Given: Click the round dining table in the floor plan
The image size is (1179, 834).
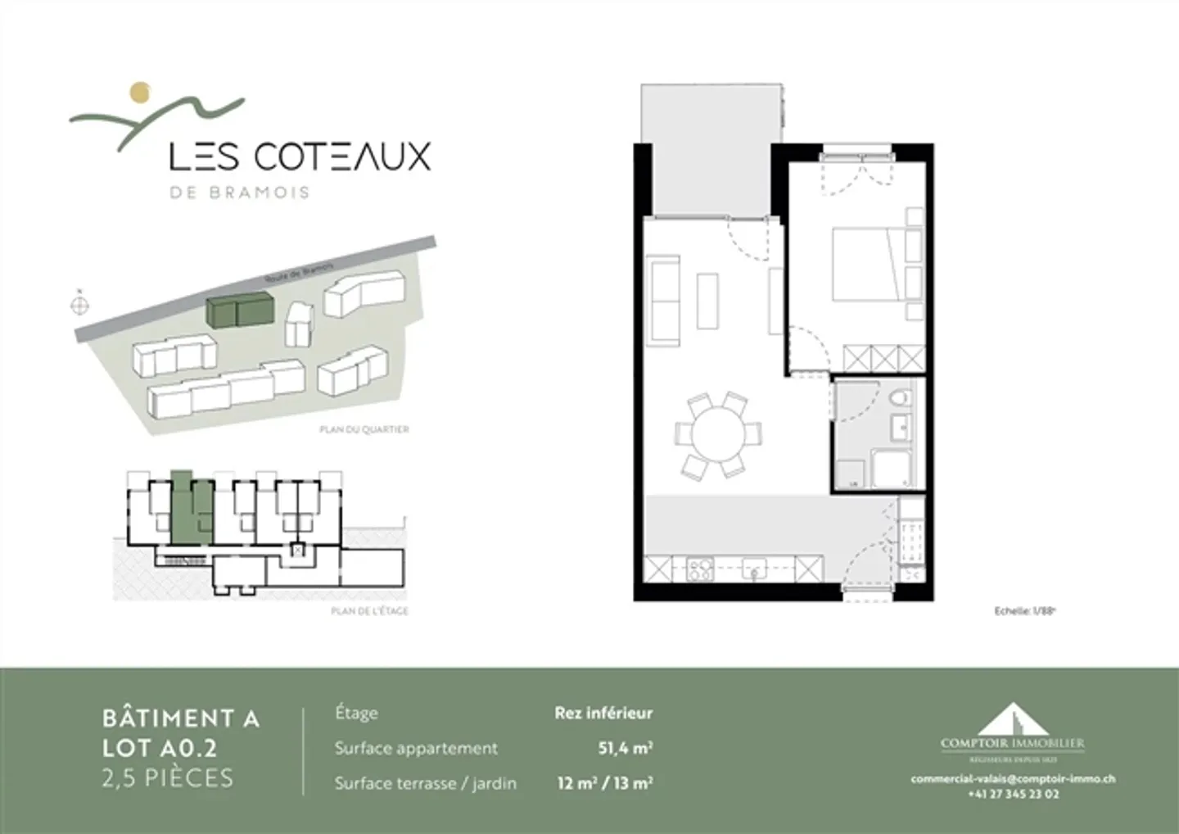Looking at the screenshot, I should pos(718,435).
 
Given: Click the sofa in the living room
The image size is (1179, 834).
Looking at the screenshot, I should pos(664,299).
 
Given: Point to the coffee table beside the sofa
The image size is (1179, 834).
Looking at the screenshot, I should pos(708,301).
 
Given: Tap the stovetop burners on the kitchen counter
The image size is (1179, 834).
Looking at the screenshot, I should pos(701,569).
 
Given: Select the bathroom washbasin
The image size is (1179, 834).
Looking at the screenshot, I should pos(902,425).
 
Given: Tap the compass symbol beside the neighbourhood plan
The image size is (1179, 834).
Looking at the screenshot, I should pos(79,306).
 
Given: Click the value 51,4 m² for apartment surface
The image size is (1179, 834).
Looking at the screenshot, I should pos(626,748).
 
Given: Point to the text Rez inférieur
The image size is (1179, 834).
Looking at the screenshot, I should pos(603,713).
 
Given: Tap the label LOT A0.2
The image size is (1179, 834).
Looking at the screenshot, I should pos(160,747).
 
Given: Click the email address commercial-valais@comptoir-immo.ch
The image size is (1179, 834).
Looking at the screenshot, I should pos(1013,779).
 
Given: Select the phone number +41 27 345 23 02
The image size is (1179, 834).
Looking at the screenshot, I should pos(1013,794).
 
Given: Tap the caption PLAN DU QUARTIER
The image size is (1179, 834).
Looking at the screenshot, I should pos(364,429).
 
